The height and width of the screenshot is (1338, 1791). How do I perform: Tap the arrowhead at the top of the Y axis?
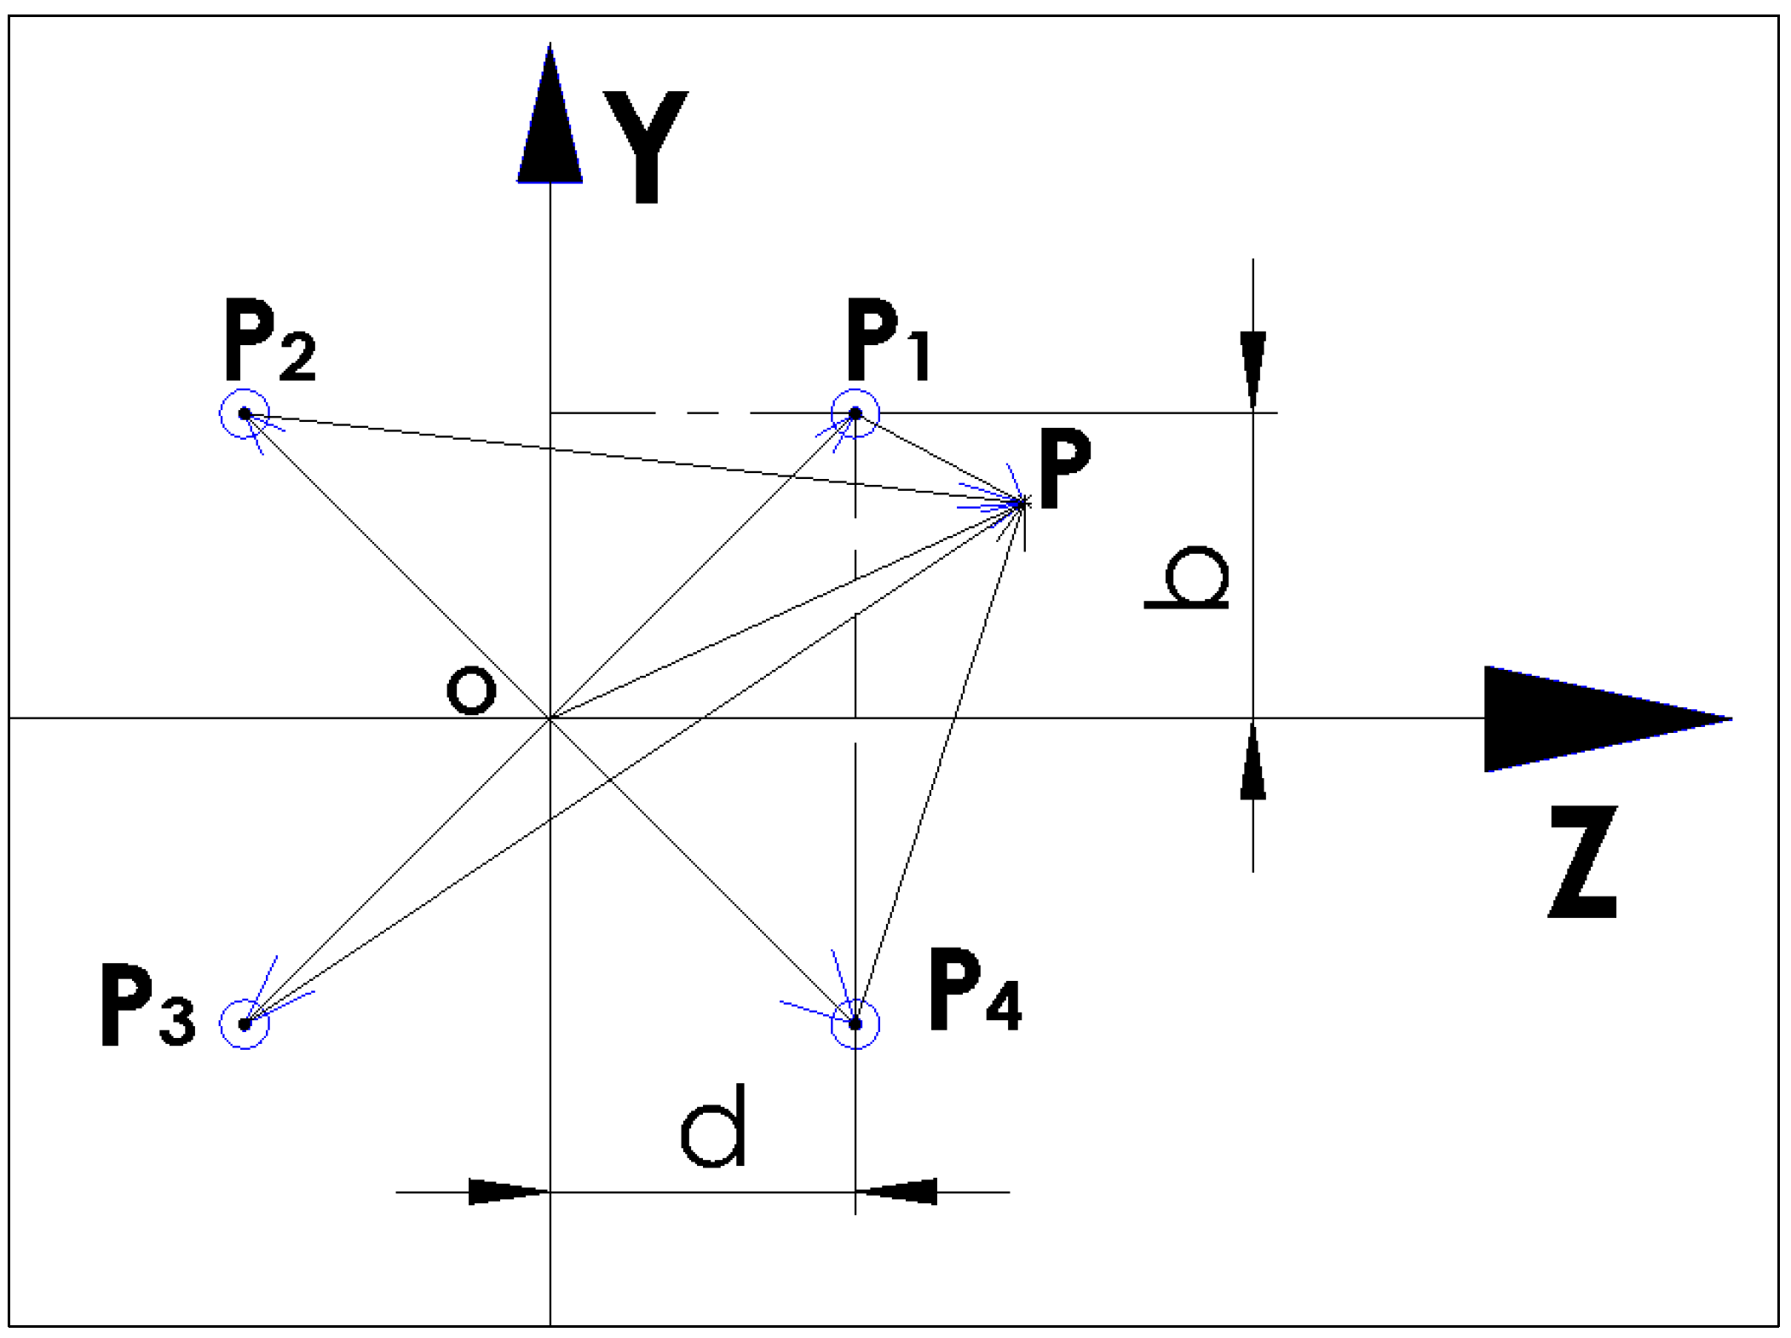(x=550, y=119)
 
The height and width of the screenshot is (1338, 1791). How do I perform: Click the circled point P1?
(x=855, y=413)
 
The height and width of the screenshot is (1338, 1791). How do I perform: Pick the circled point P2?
(x=245, y=413)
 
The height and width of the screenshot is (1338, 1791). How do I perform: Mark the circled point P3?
(x=245, y=1024)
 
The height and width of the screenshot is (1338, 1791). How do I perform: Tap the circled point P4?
(x=855, y=1024)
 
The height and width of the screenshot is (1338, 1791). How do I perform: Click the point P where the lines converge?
(x=1022, y=504)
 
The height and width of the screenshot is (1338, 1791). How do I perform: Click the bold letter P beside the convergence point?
(x=1065, y=469)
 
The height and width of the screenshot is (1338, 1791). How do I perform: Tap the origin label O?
(x=471, y=690)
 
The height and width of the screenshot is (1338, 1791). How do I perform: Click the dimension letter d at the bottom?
(x=714, y=1127)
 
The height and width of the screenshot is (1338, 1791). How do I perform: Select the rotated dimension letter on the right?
(x=1188, y=578)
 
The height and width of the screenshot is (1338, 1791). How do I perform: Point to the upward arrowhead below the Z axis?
(x=1253, y=763)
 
